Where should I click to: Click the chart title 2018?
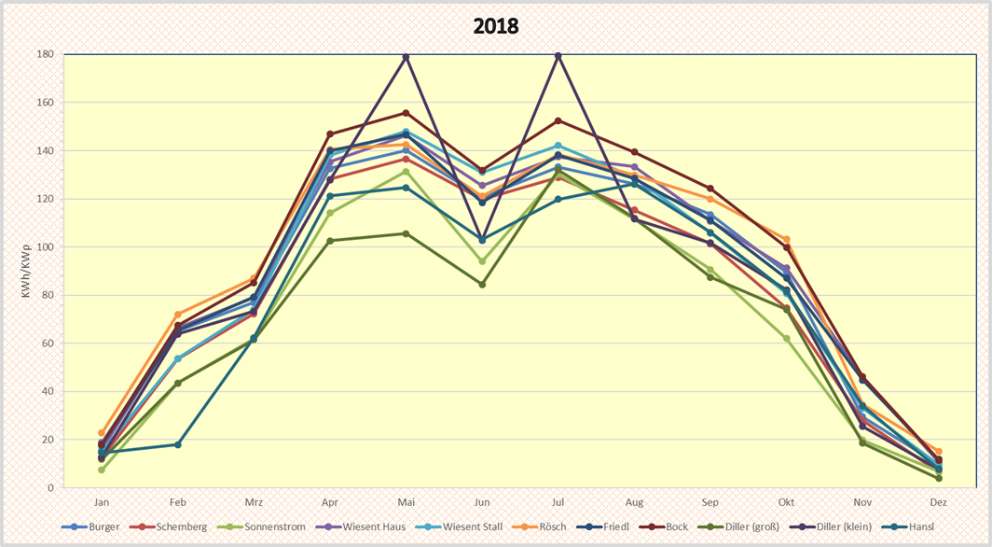pos(495,26)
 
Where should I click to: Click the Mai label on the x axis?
pos(406,501)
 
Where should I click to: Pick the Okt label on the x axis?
pos(786,501)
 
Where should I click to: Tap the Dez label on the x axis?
pos(938,501)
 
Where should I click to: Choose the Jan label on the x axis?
pos(102,501)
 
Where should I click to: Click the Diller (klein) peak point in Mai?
pos(406,57)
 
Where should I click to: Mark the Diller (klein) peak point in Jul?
pos(558,56)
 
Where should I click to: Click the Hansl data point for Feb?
pos(177,444)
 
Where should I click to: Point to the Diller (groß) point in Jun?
pos(482,285)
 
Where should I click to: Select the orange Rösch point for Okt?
pos(786,240)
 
